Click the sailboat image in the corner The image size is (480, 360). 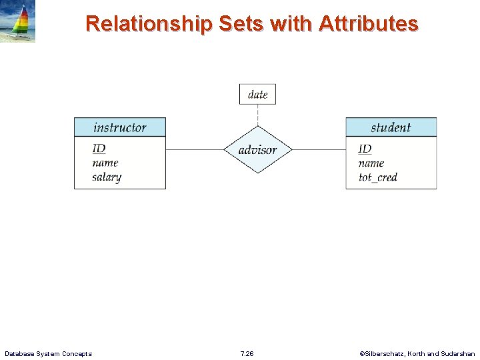[x=18, y=21]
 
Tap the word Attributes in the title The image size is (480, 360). [x=368, y=24]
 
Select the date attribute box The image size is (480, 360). [x=257, y=94]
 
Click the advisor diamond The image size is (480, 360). [x=257, y=150]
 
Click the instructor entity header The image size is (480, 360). [x=119, y=127]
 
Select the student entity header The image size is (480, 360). [x=391, y=127]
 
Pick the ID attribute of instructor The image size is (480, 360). [x=99, y=148]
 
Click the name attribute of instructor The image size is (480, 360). [x=105, y=163]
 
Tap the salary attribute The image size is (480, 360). [x=107, y=177]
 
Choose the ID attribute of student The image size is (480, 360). [x=365, y=148]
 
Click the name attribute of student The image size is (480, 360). [x=371, y=163]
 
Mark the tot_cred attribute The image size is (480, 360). [x=377, y=177]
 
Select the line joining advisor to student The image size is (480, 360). [x=319, y=150]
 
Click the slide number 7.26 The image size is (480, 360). [x=247, y=353]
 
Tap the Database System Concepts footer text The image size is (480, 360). [x=48, y=353]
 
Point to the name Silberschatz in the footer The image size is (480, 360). [x=387, y=353]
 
